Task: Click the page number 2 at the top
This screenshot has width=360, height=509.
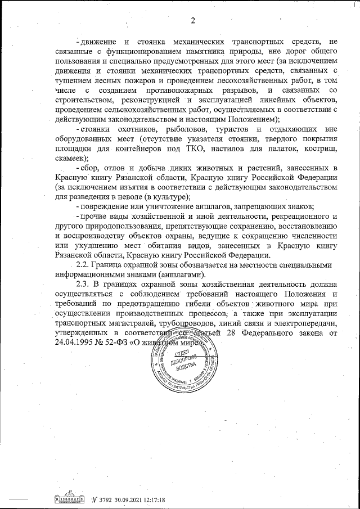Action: click(192, 21)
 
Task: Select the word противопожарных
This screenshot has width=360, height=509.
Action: click(179, 91)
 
